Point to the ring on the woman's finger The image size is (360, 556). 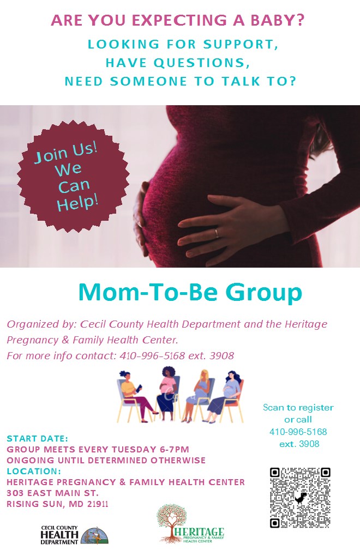click(x=217, y=233)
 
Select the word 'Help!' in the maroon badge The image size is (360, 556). click(x=77, y=203)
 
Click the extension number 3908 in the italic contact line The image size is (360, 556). click(x=221, y=355)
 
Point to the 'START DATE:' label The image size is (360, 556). click(x=37, y=439)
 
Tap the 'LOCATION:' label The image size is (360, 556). click(x=34, y=472)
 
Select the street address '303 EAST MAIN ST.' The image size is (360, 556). click(x=52, y=493)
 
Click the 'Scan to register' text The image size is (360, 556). click(x=298, y=407)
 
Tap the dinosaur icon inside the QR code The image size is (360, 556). click(x=301, y=497)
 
